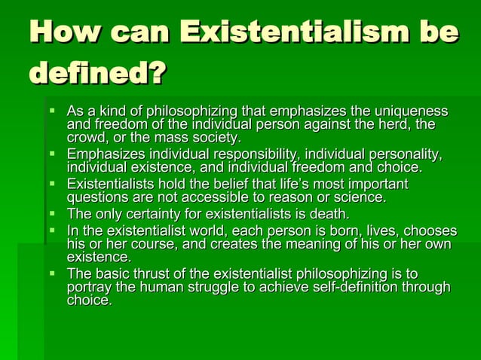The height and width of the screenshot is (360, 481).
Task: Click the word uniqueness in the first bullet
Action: (412, 111)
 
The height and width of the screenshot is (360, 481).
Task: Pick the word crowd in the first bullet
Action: (87, 137)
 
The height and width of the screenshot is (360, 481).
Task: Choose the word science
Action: (360, 197)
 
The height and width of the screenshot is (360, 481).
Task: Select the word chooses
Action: (429, 230)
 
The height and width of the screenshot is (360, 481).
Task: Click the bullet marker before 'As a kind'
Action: (53, 111)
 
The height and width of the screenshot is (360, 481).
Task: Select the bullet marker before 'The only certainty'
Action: (53, 214)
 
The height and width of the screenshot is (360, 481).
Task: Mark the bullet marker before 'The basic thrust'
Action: (53, 274)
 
